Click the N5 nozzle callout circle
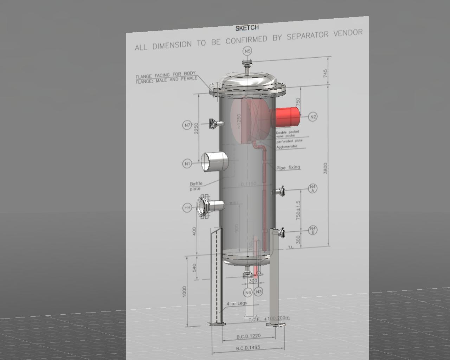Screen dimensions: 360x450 (x=248, y=51)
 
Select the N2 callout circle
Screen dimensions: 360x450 (x=313, y=117)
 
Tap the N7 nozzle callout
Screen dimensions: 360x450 (x=187, y=125)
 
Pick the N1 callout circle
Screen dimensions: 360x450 (x=187, y=163)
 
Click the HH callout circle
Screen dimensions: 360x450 (x=187, y=208)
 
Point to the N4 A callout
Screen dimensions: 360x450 (x=313, y=188)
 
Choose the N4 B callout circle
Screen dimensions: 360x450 (x=313, y=230)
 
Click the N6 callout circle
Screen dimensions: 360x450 (x=248, y=292)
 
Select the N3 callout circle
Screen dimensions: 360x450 (x=259, y=291)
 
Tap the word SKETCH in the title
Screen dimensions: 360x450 (x=247, y=28)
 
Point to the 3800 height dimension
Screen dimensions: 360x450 (x=325, y=168)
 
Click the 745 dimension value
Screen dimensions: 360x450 (x=325, y=73)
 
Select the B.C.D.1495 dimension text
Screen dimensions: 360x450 (x=248, y=348)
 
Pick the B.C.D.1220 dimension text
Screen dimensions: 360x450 (x=249, y=336)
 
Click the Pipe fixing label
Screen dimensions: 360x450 (x=288, y=168)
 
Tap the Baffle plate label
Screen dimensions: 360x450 (x=196, y=186)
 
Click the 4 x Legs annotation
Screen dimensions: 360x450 (x=237, y=303)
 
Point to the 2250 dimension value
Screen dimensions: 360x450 (x=197, y=129)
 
